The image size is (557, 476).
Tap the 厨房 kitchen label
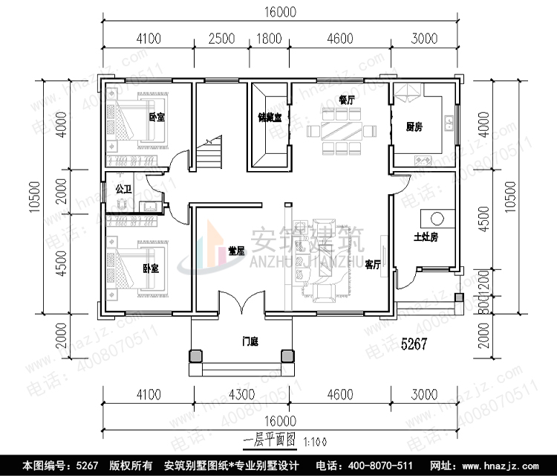[414, 126]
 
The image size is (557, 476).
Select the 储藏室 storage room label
[269, 118]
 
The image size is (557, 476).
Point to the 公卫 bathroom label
[123, 190]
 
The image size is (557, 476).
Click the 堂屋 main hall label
[237, 251]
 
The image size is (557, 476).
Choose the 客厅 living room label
[373, 264]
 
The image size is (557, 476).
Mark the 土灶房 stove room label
[426, 237]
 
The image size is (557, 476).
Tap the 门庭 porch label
[250, 342]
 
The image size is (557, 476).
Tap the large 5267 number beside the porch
[417, 344]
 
